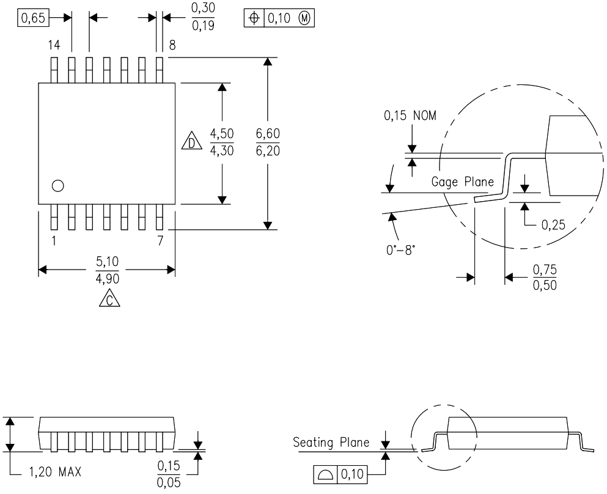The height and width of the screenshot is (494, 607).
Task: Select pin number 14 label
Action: point(53,45)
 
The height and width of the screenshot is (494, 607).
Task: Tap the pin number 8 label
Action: point(172,45)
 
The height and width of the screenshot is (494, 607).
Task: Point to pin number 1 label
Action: point(53,240)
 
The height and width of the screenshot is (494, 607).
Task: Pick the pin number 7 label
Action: point(160,240)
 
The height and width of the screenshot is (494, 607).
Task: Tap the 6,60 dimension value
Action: point(268,135)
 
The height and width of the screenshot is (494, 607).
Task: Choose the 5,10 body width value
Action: point(107,262)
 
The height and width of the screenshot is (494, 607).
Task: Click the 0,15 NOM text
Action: point(410,116)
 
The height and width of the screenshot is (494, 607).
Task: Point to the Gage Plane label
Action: point(463,182)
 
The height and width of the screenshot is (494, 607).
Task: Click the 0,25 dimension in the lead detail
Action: point(554,226)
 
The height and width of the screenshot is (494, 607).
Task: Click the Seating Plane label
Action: point(331,442)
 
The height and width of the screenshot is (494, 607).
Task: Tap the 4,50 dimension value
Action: point(221,134)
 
